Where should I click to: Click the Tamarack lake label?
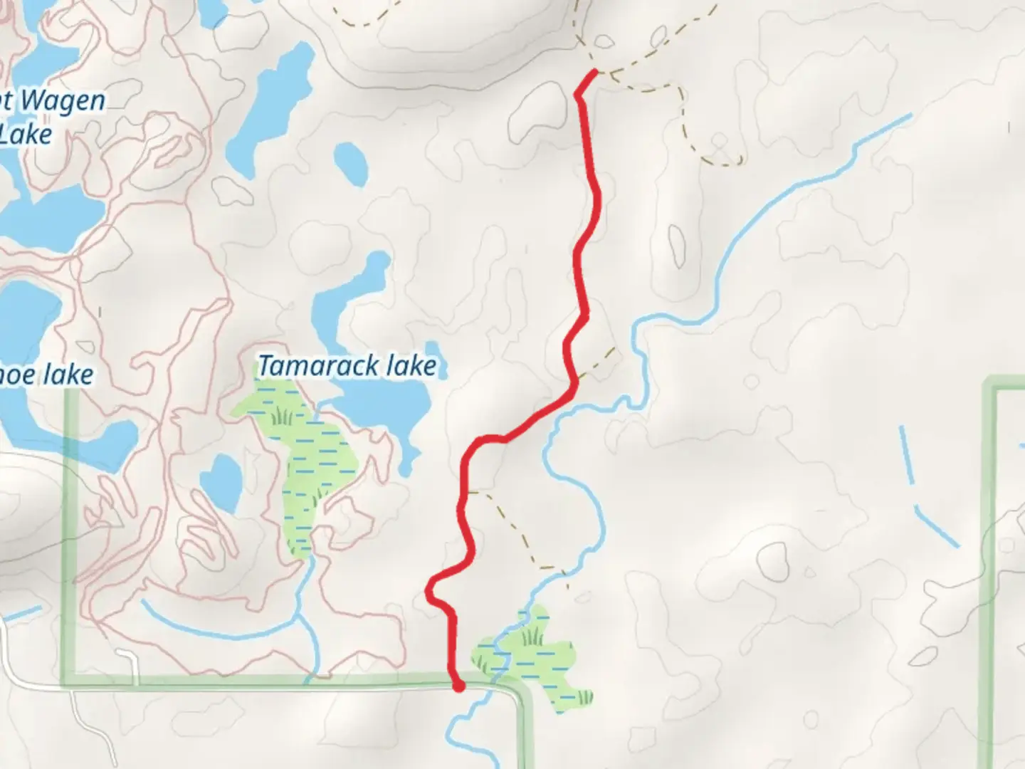coord(347,366)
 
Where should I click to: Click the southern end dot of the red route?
coord(458,686)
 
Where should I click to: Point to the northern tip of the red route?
coord(594,72)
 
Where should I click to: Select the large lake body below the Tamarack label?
coord(384,413)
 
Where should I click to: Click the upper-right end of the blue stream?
coord(908,116)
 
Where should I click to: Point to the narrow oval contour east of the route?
coord(676,246)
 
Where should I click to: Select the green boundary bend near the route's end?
coord(523,694)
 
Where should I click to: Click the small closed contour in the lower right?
coord(772,563)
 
